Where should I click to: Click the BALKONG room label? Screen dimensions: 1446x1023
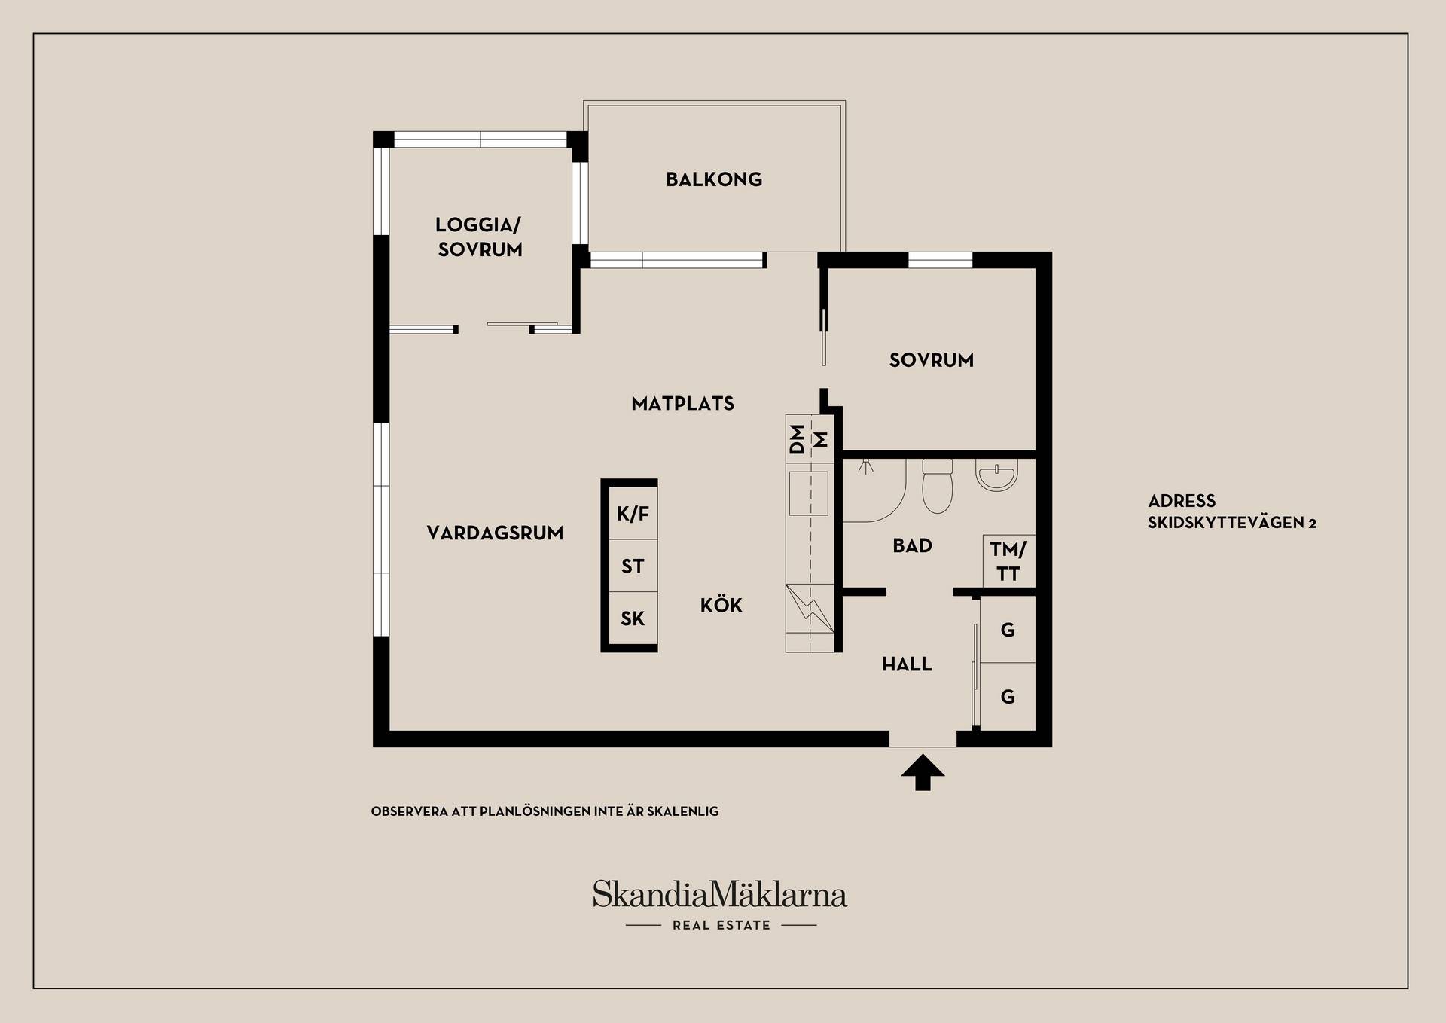click(x=714, y=179)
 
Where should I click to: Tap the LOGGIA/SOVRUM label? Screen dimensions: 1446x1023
click(x=480, y=237)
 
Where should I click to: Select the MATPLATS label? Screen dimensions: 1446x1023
click(x=682, y=404)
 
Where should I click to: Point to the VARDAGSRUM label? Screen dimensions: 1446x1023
click(x=495, y=533)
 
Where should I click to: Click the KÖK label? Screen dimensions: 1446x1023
click(x=721, y=605)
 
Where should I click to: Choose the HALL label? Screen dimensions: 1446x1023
click(x=907, y=664)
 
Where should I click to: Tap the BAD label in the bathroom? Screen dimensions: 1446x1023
click(x=913, y=545)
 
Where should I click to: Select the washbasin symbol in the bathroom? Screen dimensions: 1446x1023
click(x=996, y=475)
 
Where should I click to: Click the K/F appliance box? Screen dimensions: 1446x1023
click(x=633, y=513)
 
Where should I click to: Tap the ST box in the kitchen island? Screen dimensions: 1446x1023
click(x=633, y=566)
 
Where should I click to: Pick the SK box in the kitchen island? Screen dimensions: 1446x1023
click(x=633, y=618)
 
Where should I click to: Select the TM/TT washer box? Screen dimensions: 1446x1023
click(x=1008, y=561)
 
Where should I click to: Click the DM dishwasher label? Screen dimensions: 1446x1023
click(x=797, y=439)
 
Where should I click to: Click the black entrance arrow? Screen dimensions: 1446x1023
click(x=923, y=773)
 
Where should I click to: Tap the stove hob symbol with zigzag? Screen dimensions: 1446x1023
click(x=810, y=609)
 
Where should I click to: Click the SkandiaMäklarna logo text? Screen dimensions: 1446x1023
click(x=720, y=895)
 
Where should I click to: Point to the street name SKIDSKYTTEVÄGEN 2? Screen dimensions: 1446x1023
click(x=1232, y=523)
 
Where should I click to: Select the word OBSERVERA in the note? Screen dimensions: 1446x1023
click(x=410, y=811)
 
